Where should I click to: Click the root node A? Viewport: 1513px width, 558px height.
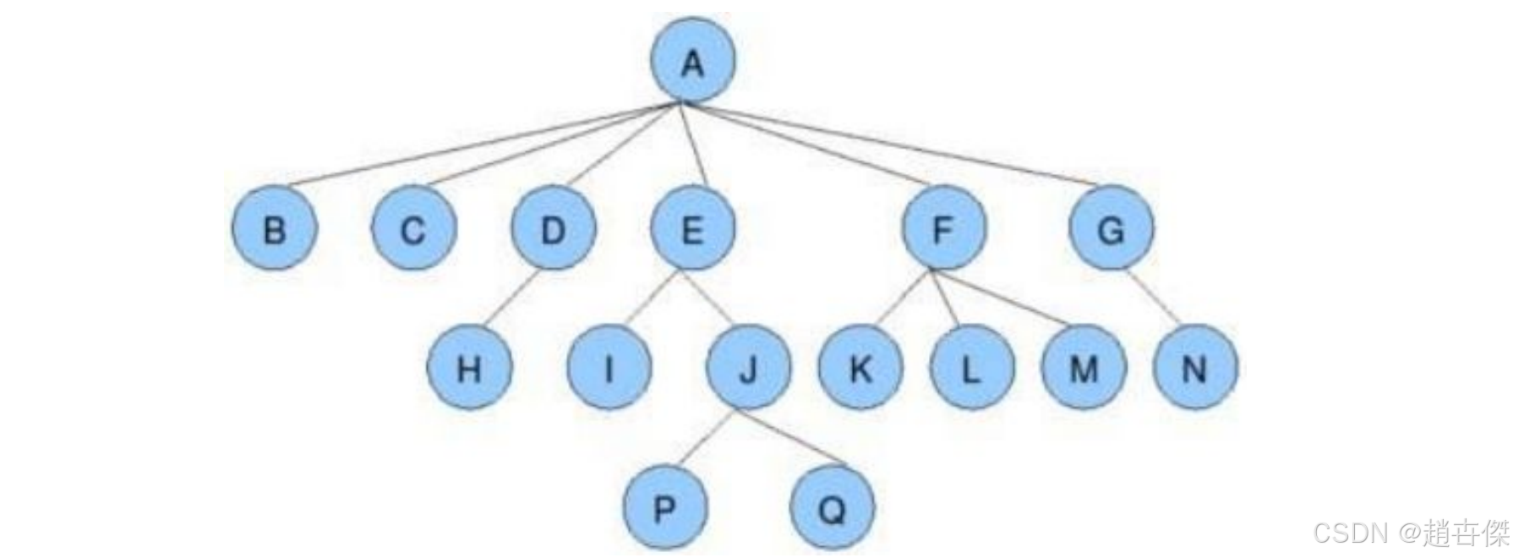click(x=692, y=61)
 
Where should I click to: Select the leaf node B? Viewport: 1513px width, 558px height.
click(x=275, y=229)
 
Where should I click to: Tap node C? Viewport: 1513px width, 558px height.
click(x=413, y=229)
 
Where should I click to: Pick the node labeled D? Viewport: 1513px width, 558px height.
click(x=553, y=229)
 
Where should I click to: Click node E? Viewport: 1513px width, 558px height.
click(x=692, y=229)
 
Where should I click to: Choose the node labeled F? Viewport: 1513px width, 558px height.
click(x=943, y=229)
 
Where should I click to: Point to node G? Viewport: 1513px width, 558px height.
click(x=1111, y=229)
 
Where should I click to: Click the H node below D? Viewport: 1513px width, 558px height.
click(x=469, y=369)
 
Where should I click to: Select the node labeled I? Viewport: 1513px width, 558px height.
click(x=609, y=369)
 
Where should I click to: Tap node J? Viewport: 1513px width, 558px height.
click(x=748, y=369)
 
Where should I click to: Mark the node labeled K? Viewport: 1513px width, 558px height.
click(x=860, y=369)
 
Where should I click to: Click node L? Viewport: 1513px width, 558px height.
click(x=971, y=369)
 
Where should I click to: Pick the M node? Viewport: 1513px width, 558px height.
click(x=1083, y=369)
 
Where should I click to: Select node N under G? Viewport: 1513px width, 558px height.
click(x=1194, y=369)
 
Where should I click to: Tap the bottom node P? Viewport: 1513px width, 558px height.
click(x=664, y=509)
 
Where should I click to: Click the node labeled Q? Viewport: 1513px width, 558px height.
click(x=832, y=509)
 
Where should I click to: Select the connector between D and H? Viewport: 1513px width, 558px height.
click(x=511, y=298)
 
